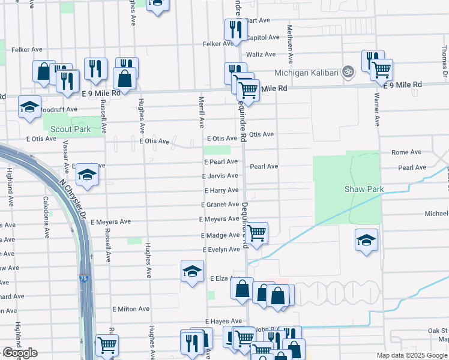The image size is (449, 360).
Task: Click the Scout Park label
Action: (x=70, y=129)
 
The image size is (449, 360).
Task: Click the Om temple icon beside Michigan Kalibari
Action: (x=348, y=72)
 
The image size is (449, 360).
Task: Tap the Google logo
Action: (x=20, y=353)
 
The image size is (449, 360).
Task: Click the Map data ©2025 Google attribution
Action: (x=412, y=355)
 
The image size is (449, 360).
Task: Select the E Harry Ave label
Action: (x=221, y=190)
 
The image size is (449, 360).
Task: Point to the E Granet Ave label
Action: (x=220, y=205)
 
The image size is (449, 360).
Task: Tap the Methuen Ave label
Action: (x=290, y=45)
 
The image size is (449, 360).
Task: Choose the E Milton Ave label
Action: (x=130, y=308)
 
